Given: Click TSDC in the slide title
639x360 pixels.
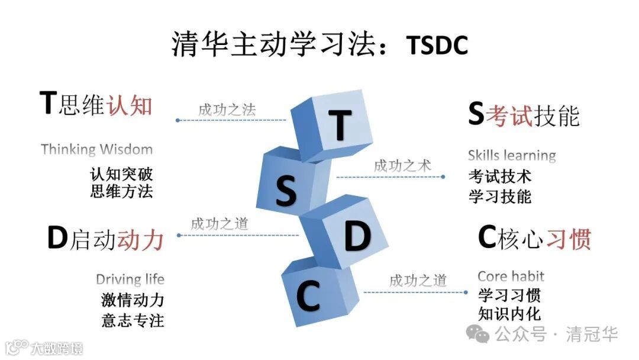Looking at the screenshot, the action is point(437,45).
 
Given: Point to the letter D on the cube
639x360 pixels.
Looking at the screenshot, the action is point(357,237).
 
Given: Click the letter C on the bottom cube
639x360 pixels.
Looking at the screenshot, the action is point(308,297).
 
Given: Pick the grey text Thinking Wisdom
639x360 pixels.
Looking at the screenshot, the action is point(96,149).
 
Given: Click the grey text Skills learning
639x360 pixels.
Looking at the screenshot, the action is point(512,156).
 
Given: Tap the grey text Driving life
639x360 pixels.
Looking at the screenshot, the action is point(130,279).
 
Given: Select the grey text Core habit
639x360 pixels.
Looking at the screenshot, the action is point(511,276).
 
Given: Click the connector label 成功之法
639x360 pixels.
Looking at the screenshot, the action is point(227,110).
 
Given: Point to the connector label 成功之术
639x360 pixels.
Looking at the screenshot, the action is point(402,165).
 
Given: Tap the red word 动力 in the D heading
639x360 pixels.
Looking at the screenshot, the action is point(140,240).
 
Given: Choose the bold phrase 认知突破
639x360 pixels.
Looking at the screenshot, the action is point(121,175).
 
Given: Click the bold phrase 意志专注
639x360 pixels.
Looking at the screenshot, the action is point(133,320).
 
